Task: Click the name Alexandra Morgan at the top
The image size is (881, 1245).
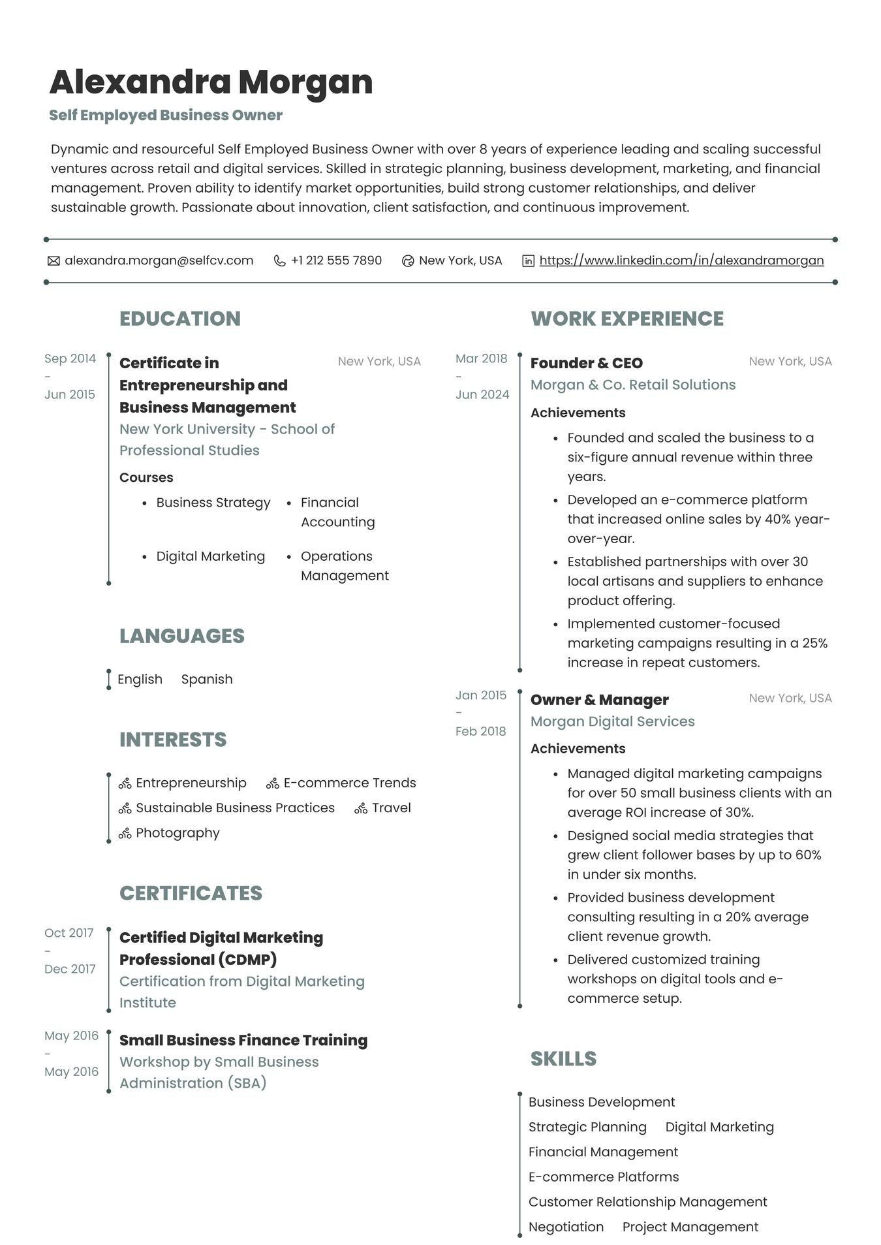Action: [x=211, y=82]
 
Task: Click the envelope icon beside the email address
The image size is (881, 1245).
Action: [x=54, y=261]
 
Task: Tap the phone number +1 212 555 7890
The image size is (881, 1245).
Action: [x=336, y=260]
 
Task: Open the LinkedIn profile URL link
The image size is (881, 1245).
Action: [x=681, y=260]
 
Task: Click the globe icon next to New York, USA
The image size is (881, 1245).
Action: [x=408, y=261]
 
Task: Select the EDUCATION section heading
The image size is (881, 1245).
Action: [x=180, y=319]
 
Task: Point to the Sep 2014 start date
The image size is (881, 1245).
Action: [x=70, y=358]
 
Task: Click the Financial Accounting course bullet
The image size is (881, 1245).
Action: [x=337, y=512]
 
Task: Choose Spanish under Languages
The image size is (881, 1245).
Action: [x=207, y=679]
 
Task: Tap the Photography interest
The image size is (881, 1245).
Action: [x=178, y=833]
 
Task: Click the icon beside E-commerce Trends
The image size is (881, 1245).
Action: [x=273, y=783]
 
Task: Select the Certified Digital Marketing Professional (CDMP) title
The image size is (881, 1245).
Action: [x=221, y=949]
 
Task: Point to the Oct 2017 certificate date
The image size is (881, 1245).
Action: [x=69, y=933]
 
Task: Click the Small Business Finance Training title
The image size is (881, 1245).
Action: [x=243, y=1040]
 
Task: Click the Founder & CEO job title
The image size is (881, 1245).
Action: [x=586, y=363]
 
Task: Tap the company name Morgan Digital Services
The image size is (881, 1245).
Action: [x=612, y=721]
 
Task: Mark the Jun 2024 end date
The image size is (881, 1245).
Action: [x=482, y=394]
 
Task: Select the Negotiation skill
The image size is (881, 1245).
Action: [x=566, y=1227]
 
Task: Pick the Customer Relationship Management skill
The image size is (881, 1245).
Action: [x=647, y=1202]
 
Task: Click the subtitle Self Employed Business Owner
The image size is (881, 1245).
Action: [x=166, y=116]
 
